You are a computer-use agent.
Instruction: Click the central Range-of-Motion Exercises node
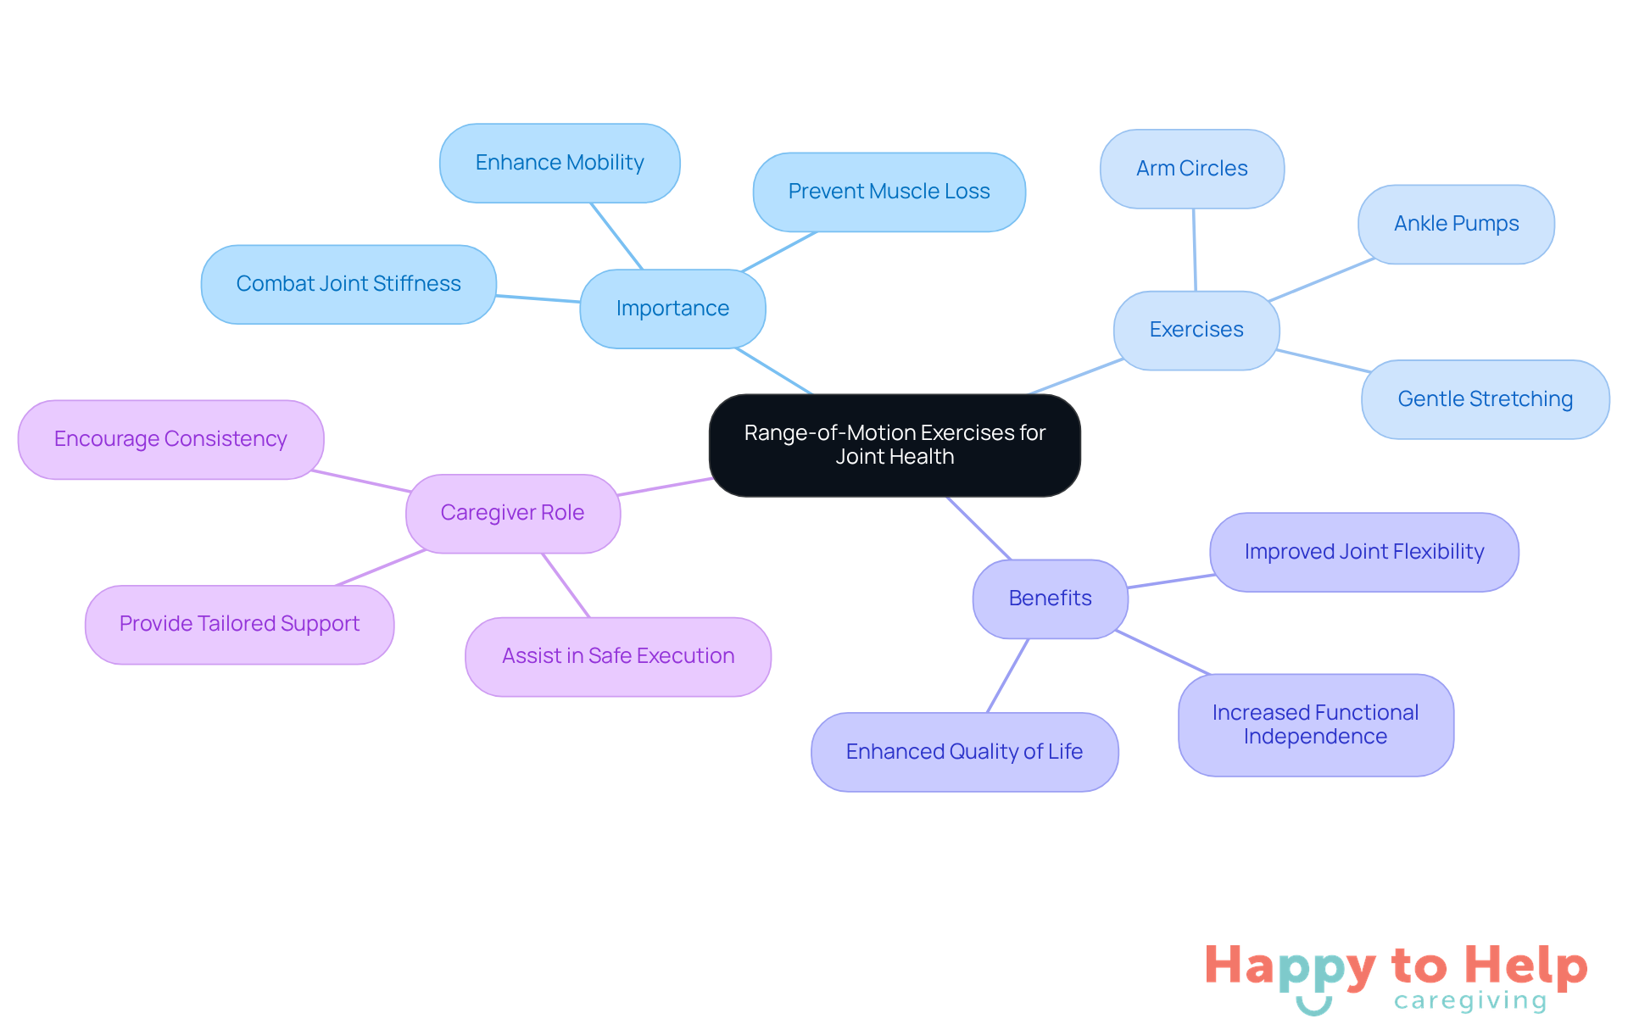895,445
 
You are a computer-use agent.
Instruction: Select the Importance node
672,309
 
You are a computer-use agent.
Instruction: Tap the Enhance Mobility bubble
560,163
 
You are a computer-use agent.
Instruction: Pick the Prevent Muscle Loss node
889,192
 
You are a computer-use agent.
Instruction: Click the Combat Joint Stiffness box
348,284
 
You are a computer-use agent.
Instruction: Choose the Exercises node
1196,330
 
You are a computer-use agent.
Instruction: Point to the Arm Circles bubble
1192,169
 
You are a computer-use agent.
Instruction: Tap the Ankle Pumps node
1456,224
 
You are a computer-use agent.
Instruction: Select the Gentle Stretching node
1485,399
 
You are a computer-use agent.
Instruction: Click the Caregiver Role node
513,513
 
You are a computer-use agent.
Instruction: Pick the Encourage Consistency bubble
170,439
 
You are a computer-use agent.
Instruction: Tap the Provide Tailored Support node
239,624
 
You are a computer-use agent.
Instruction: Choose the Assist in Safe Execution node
618,656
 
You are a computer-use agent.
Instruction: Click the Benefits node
1051,599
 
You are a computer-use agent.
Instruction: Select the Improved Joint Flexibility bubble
1364,552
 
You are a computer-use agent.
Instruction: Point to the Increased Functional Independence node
1316,725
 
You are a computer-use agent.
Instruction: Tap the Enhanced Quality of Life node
965,752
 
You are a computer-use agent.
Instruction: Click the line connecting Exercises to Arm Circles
1195,250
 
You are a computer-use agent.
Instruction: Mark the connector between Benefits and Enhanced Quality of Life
1008,676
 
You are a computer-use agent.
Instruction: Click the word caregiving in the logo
1470,1001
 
